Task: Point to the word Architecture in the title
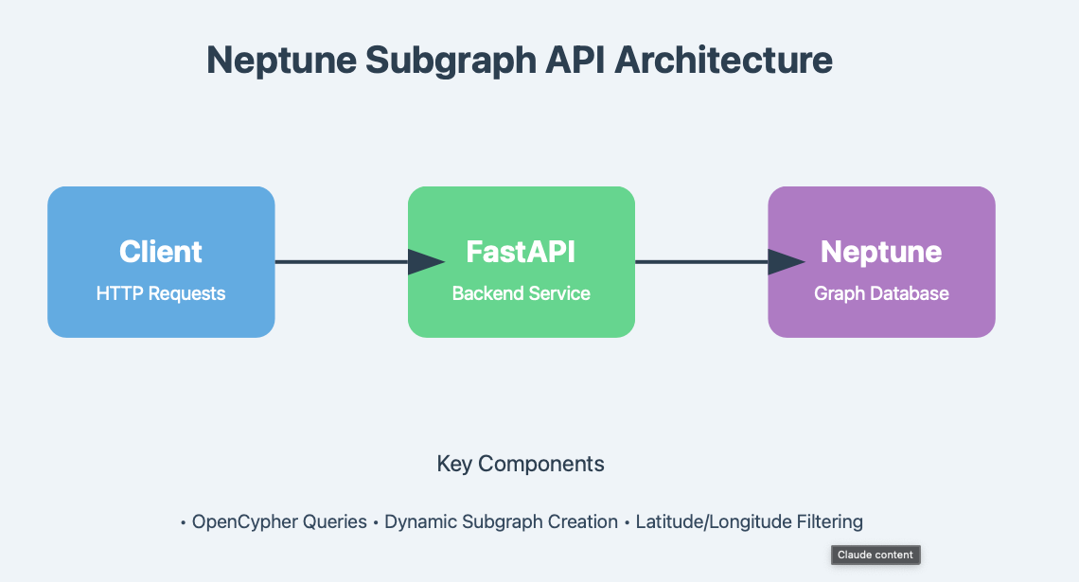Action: (x=724, y=61)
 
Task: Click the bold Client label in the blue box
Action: (x=161, y=252)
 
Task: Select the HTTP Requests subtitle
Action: (x=161, y=293)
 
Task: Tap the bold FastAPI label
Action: (x=521, y=252)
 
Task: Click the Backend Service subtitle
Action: (x=521, y=293)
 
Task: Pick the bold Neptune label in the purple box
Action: (x=881, y=252)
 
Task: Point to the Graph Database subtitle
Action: (x=881, y=293)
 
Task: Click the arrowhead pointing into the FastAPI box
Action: (x=426, y=262)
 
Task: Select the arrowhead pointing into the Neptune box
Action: (x=786, y=262)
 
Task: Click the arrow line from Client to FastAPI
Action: (x=341, y=262)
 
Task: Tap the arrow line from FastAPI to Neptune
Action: (x=700, y=262)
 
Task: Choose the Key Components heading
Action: (x=521, y=464)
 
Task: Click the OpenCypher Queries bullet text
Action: (x=279, y=521)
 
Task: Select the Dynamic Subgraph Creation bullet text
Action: (x=501, y=521)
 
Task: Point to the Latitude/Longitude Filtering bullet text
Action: (x=749, y=521)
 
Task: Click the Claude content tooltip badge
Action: (x=876, y=555)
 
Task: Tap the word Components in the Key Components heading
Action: (x=541, y=464)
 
